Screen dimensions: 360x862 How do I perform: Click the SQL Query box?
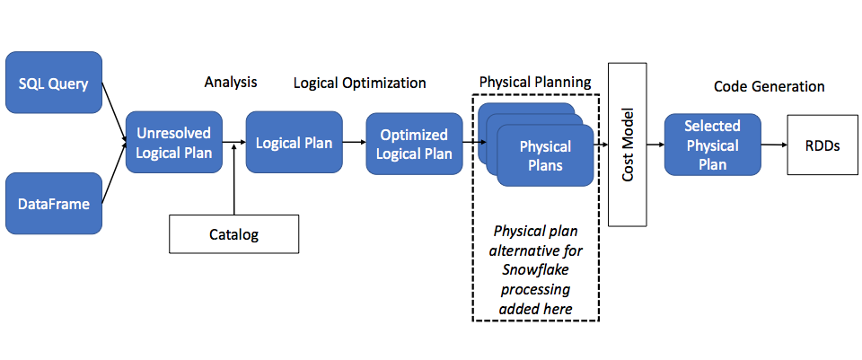(x=54, y=83)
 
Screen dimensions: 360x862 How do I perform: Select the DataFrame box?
(x=54, y=204)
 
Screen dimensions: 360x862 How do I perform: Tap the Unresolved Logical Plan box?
(x=174, y=143)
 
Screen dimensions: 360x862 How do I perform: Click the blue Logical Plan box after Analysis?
(x=294, y=143)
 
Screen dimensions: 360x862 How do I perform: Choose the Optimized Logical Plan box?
(x=413, y=144)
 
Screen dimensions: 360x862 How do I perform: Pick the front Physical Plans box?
(x=545, y=155)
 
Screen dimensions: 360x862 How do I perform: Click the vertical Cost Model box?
(x=629, y=144)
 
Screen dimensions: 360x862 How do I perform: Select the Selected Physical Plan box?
(x=712, y=145)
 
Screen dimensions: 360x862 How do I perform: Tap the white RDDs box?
(x=822, y=145)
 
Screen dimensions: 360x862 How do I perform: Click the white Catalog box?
(x=233, y=234)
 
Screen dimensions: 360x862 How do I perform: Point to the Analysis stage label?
(x=231, y=83)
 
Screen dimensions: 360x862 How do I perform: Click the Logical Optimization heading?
(x=360, y=83)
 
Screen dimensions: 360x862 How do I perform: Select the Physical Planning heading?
(x=535, y=82)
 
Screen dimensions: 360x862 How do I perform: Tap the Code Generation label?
(x=769, y=86)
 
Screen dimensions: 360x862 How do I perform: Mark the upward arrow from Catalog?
(x=233, y=180)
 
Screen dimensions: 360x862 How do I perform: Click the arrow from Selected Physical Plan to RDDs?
(x=773, y=144)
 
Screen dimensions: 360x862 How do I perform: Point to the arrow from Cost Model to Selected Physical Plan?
(x=655, y=144)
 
